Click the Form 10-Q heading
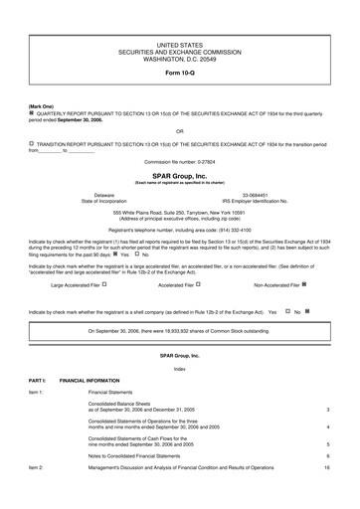179,73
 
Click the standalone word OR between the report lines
179,130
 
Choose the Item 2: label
36,466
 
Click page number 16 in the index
326,466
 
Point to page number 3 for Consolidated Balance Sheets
327,410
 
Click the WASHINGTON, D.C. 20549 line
179,59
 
